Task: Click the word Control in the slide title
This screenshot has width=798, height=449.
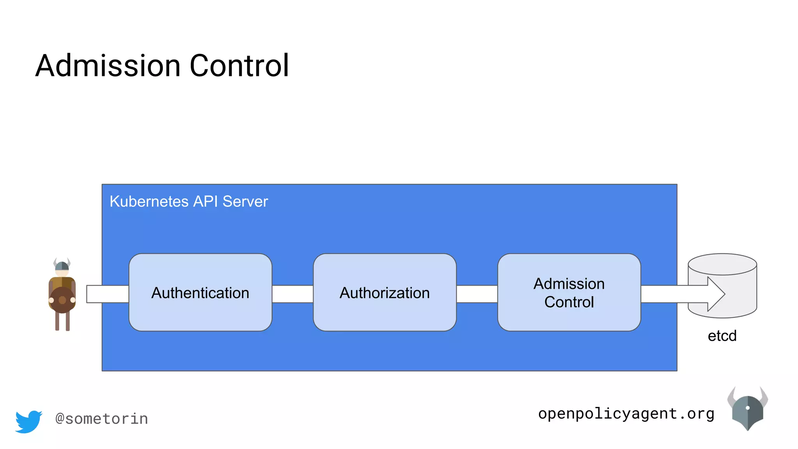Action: coord(239,65)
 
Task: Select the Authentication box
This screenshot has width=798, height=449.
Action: coord(200,292)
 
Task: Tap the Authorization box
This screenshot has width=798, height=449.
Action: coord(385,292)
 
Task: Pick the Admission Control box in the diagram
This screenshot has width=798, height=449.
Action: coord(569,292)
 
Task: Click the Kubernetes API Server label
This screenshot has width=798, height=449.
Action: coord(189,202)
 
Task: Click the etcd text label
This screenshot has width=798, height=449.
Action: coord(722,336)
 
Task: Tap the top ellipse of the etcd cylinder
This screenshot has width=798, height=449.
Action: coord(722,264)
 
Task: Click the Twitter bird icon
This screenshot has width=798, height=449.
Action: coord(28,421)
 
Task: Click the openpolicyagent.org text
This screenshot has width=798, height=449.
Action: coord(626,414)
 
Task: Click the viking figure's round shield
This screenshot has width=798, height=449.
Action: coord(62,300)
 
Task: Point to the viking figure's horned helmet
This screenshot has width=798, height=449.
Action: coord(62,265)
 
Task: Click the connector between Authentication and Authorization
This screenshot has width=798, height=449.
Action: coord(292,294)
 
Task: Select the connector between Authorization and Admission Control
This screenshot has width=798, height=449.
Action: coord(477,294)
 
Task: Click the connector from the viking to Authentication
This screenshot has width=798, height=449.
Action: coord(107,294)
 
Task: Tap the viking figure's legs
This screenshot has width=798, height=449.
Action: coord(62,321)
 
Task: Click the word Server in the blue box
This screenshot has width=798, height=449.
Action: coord(245,202)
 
